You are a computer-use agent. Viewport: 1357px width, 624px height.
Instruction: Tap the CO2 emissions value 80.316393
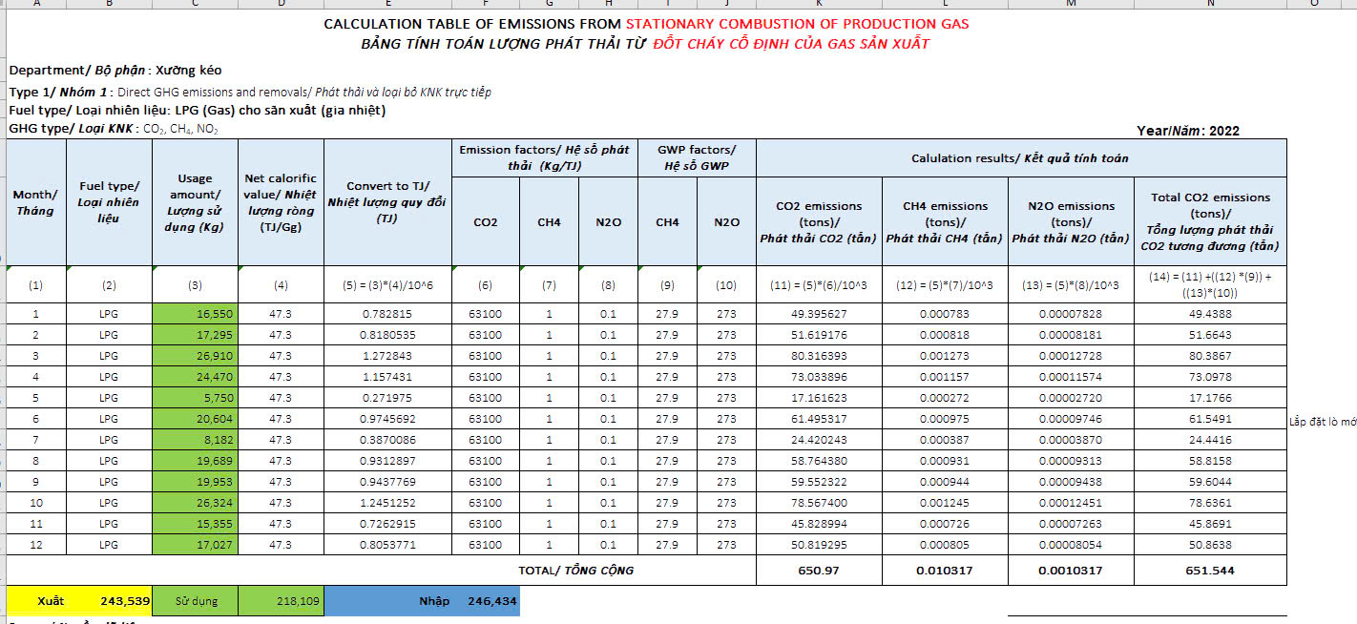pos(819,356)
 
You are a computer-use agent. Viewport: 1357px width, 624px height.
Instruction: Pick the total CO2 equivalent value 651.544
pos(1210,571)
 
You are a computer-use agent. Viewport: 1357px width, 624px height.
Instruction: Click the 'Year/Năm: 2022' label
pos(1188,131)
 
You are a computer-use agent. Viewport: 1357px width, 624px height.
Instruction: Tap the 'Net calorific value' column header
pos(281,204)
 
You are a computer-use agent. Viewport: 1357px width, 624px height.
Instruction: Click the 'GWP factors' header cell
pos(697,157)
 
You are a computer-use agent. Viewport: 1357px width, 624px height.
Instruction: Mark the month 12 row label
pos(36,545)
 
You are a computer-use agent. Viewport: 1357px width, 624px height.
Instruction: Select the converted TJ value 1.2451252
pos(387,503)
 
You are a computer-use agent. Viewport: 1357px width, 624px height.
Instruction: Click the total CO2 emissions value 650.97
pos(819,571)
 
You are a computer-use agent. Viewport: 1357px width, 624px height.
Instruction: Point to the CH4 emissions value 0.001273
pos(945,356)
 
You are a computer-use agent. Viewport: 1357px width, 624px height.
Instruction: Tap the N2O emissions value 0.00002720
pos(1071,398)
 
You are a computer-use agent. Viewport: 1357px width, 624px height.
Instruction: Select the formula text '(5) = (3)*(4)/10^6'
pos(387,285)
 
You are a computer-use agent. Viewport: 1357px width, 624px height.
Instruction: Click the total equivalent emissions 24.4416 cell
pos(1210,440)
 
